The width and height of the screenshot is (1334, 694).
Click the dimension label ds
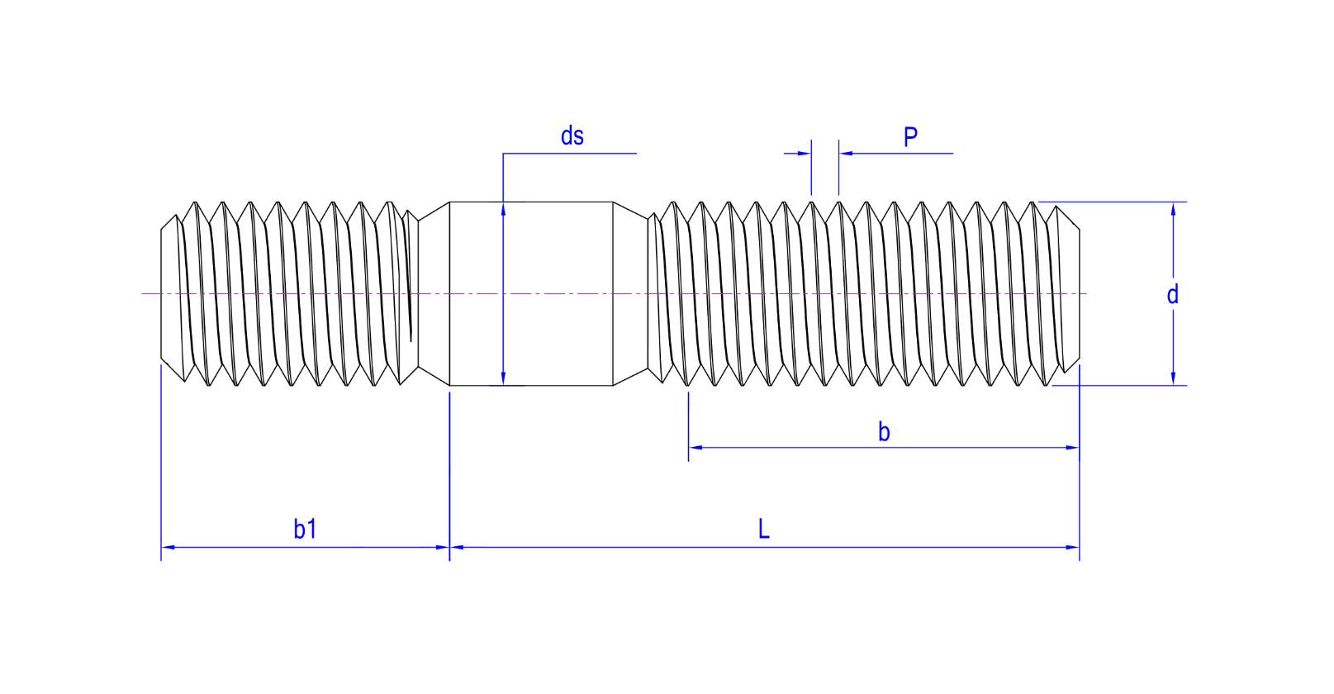point(572,135)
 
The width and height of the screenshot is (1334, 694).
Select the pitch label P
point(910,137)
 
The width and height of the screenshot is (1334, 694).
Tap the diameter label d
point(1173,294)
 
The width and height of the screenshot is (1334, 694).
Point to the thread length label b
point(885,431)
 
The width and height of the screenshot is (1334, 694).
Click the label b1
point(305,529)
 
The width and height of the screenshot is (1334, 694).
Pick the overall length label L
point(764,529)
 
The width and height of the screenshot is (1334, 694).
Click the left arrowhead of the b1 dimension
point(168,547)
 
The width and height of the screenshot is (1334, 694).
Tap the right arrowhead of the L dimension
point(1072,547)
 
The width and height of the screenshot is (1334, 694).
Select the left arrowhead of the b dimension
point(695,447)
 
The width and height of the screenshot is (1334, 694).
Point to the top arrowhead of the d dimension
point(1173,209)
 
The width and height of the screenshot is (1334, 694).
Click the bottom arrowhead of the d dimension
point(1173,378)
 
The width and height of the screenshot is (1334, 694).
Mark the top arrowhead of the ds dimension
point(503,209)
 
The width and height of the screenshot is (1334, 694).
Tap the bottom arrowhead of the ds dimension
point(503,378)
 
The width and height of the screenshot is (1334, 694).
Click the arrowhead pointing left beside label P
point(847,154)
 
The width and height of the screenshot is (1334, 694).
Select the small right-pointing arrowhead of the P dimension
point(804,154)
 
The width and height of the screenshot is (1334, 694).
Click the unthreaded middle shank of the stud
point(531,293)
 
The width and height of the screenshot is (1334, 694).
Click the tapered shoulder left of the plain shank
point(434,293)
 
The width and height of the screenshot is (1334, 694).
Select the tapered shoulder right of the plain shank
point(630,293)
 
